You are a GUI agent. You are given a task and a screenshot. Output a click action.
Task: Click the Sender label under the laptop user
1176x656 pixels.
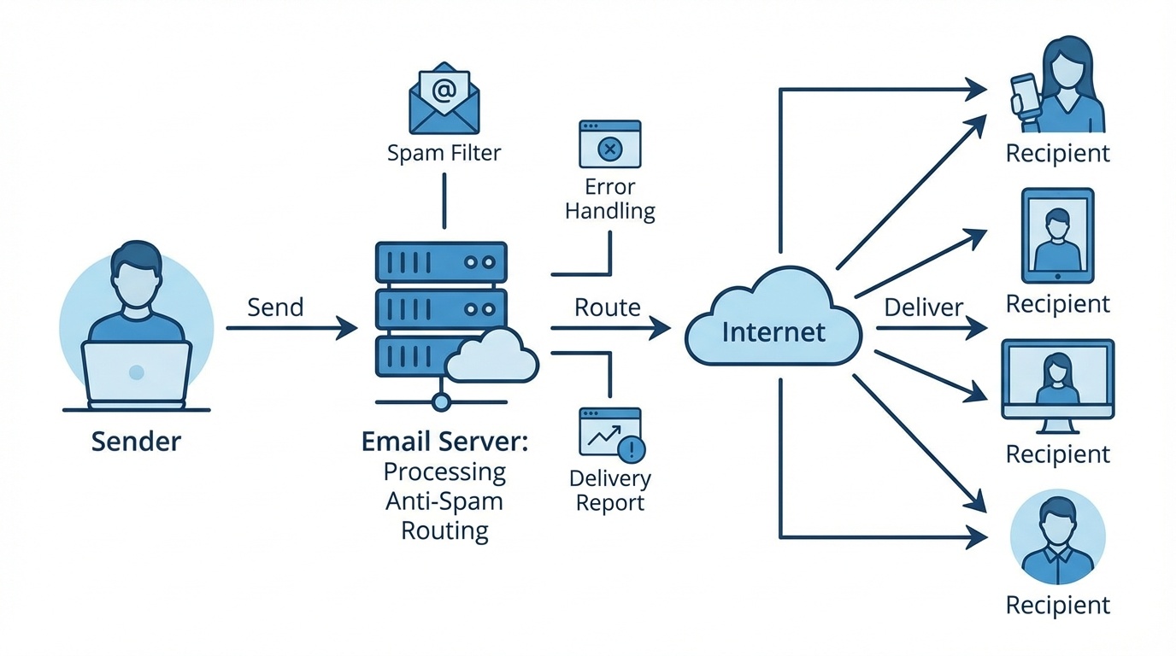[x=136, y=441]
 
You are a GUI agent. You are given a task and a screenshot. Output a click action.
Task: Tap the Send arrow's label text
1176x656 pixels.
[x=275, y=307]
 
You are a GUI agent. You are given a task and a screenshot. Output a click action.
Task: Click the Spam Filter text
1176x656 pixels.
[x=444, y=153]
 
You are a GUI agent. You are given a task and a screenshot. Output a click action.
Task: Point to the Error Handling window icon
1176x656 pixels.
[x=609, y=143]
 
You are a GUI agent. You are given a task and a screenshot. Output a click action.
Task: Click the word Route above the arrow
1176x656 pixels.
[x=607, y=307]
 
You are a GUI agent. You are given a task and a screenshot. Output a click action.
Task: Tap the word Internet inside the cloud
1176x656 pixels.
[x=773, y=331]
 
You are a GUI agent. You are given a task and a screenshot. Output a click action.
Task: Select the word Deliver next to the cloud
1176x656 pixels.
[x=924, y=307]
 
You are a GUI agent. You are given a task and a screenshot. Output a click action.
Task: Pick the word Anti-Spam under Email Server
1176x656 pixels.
[x=444, y=501]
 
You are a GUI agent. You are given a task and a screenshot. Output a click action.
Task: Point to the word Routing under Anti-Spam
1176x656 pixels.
[x=444, y=530]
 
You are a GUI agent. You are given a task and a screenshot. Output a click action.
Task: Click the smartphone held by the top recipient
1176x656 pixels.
[x=1024, y=92]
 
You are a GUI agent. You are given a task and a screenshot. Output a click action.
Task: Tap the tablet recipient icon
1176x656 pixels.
[x=1057, y=236]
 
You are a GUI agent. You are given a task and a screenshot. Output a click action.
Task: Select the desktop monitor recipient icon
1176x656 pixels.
[x=1057, y=381]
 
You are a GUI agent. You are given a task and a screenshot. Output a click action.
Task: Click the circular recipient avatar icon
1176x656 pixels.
[x=1057, y=536]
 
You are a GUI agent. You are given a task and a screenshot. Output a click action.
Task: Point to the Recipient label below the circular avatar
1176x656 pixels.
[x=1057, y=605]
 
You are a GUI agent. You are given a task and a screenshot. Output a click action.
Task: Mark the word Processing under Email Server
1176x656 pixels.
[x=444, y=471]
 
